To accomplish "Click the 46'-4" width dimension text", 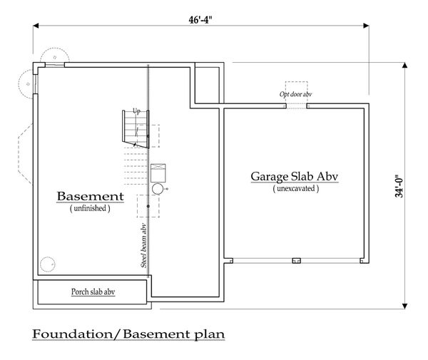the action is pos(200,20).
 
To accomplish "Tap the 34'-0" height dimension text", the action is pos(399,186).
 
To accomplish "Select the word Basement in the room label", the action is pos(91,196).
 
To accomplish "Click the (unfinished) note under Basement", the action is pos(90,208).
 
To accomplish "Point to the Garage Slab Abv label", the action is pos(295,177).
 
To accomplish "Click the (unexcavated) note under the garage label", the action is pos(296,188).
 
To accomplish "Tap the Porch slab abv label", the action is pos(93,292).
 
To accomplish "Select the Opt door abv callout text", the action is pos(295,94).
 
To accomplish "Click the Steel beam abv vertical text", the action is pos(143,246).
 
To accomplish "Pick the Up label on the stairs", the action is pos(136,111).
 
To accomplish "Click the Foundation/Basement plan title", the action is pos(128,334).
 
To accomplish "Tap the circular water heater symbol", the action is pos(158,189).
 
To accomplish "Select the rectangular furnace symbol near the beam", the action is pos(158,173).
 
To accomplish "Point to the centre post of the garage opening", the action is pos(296,261).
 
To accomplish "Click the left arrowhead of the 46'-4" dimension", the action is pos(36,26).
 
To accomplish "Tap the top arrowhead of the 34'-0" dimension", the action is pos(404,65).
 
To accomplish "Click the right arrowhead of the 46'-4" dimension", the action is pos(367,26).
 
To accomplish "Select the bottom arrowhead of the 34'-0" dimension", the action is pos(404,306).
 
